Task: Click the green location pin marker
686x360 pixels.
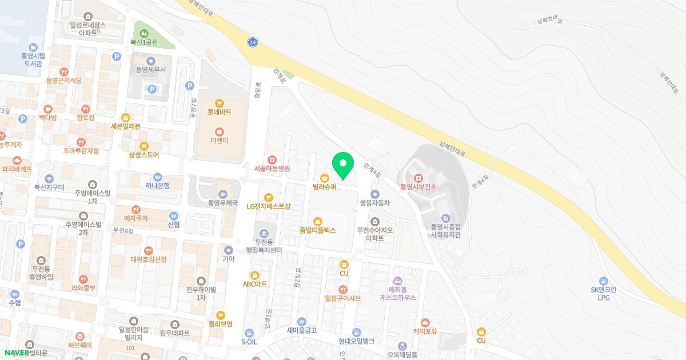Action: tap(343, 165)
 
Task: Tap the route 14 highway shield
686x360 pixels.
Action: tap(252, 42)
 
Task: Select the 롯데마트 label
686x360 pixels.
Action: tap(219, 113)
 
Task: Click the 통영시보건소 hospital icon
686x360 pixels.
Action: tap(418, 177)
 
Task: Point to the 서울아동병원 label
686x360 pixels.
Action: tap(272, 169)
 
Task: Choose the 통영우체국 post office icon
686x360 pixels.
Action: tap(222, 193)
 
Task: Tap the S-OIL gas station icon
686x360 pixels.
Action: tap(249, 333)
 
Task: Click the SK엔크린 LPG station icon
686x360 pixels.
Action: tap(604, 281)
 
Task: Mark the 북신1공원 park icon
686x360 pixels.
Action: tap(143, 33)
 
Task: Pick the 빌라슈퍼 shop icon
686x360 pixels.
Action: tap(325, 177)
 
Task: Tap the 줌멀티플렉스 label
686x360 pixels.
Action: tap(317, 230)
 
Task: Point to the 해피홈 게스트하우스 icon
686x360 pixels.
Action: tap(398, 280)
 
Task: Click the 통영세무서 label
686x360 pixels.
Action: tap(151, 70)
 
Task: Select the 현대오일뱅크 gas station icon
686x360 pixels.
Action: tap(356, 332)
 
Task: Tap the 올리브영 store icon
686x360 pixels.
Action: tap(221, 315)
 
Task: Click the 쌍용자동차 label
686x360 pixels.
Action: tap(374, 203)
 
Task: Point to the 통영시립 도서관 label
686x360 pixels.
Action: tap(33, 60)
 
